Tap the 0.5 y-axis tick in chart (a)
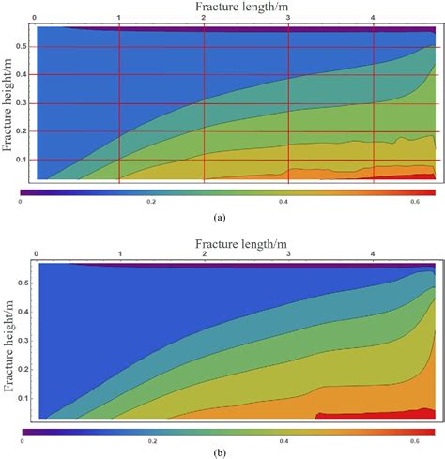click(x=26, y=47)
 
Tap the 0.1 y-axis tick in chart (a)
click(x=26, y=160)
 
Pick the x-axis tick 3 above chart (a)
click(x=288, y=17)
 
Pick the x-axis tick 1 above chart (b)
click(x=119, y=253)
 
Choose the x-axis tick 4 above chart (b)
click(x=373, y=253)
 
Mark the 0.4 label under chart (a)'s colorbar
click(x=283, y=201)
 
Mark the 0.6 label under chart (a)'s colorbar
click(x=414, y=201)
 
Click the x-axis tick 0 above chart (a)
click(x=35, y=17)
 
